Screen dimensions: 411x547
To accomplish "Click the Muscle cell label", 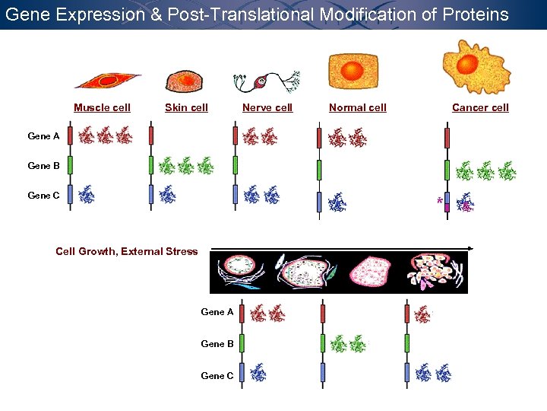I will click(102, 107).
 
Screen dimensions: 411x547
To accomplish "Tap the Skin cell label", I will click(186, 107).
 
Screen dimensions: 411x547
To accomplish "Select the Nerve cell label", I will click(267, 107).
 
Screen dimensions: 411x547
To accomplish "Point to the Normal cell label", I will click(357, 107).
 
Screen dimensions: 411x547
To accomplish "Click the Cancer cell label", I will click(480, 107).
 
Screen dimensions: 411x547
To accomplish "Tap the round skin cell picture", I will click(183, 80).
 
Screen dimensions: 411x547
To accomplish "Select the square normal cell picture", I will click(353, 72).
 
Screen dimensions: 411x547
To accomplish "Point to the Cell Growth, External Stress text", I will click(126, 251).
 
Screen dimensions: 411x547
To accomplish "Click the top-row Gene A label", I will click(43, 136).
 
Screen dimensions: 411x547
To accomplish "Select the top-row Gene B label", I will click(43, 166).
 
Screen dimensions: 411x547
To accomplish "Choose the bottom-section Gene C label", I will click(217, 375).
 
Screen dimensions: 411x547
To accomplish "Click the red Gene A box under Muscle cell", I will click(70, 136).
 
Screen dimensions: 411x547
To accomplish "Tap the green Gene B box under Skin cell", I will click(151, 165).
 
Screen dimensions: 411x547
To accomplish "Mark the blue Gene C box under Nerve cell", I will click(236, 195).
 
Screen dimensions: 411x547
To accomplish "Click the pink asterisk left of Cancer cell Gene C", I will click(439, 201).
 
